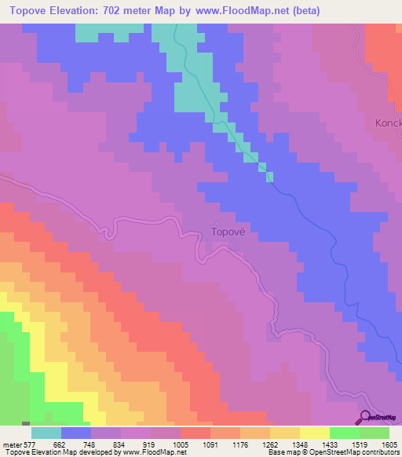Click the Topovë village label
(229, 232)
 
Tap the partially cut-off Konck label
(388, 123)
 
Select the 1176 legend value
(241, 444)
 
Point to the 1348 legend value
(301, 444)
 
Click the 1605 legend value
(389, 444)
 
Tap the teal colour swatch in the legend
(46, 432)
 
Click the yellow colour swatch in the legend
(314, 432)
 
